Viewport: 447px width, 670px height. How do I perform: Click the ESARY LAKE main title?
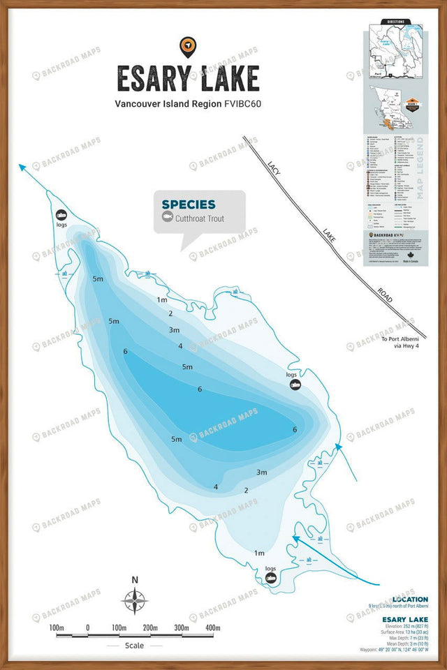pyautogui.click(x=188, y=79)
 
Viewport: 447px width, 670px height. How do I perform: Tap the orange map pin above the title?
pyautogui.click(x=187, y=46)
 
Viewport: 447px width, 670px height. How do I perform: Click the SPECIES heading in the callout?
pyautogui.click(x=189, y=204)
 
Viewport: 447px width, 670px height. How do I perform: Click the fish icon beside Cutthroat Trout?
pyautogui.click(x=167, y=217)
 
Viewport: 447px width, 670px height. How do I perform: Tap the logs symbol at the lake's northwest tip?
pyautogui.click(x=61, y=214)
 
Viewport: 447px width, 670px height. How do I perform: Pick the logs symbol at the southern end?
pyautogui.click(x=270, y=578)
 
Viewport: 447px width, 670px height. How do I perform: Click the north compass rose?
pyautogui.click(x=135, y=601)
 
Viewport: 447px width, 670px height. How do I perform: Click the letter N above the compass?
pyautogui.click(x=135, y=580)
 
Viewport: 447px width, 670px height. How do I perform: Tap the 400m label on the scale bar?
pyautogui.click(x=213, y=628)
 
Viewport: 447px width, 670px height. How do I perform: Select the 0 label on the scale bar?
pyautogui.click(x=88, y=628)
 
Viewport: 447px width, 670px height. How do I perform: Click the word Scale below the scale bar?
pyautogui.click(x=135, y=646)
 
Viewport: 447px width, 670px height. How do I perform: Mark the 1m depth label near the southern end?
pyautogui.click(x=259, y=552)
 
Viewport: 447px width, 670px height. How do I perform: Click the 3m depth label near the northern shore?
pyautogui.click(x=174, y=329)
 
